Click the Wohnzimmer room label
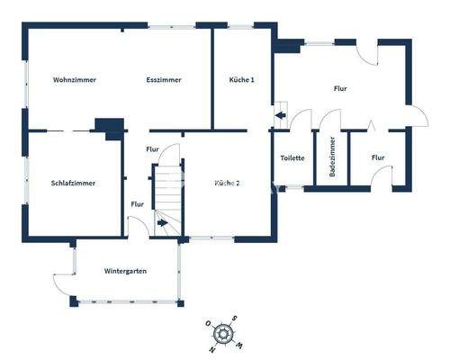[x=74, y=79]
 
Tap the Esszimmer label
[x=164, y=79]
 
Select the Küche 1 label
[x=242, y=79]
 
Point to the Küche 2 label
[x=227, y=183]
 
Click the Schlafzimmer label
[x=74, y=183]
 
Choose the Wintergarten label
[x=125, y=271]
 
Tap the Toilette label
[x=292, y=158]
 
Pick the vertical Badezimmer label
[x=333, y=158]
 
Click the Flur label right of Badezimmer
[x=378, y=158]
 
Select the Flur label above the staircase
[x=152, y=148]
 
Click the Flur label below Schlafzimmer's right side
[x=137, y=204]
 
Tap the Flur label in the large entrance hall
[x=340, y=88]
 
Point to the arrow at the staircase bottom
[x=162, y=222]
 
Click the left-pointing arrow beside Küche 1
[x=280, y=115]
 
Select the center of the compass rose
[x=222, y=335]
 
